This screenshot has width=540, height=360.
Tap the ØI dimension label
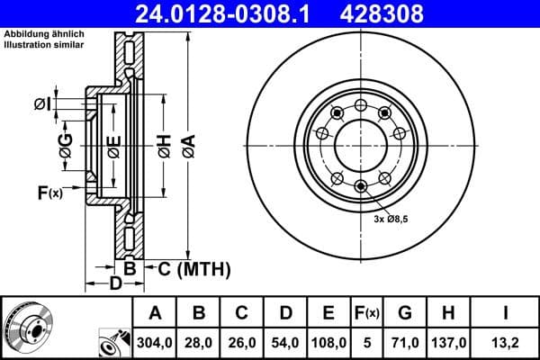pos(41,104)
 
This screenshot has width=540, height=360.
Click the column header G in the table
pos(405,312)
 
